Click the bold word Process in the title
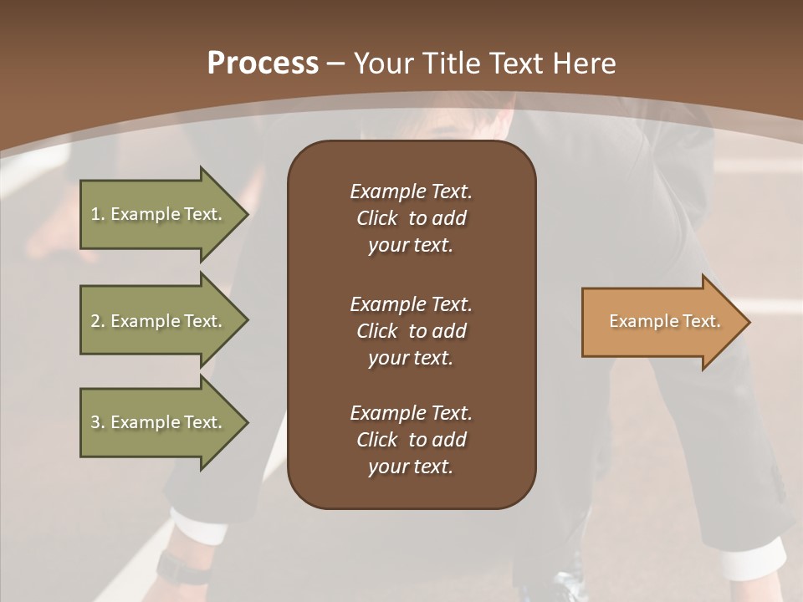tap(263, 64)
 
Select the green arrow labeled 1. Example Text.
tap(156, 214)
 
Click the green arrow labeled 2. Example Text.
tap(156, 321)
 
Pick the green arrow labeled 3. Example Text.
tap(156, 422)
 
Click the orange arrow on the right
tap(661, 322)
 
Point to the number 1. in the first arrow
tap(98, 214)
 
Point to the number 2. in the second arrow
tap(98, 321)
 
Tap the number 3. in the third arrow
tap(98, 422)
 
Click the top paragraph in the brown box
tap(411, 218)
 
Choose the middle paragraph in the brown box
tap(411, 331)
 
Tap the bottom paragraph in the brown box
tap(411, 440)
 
